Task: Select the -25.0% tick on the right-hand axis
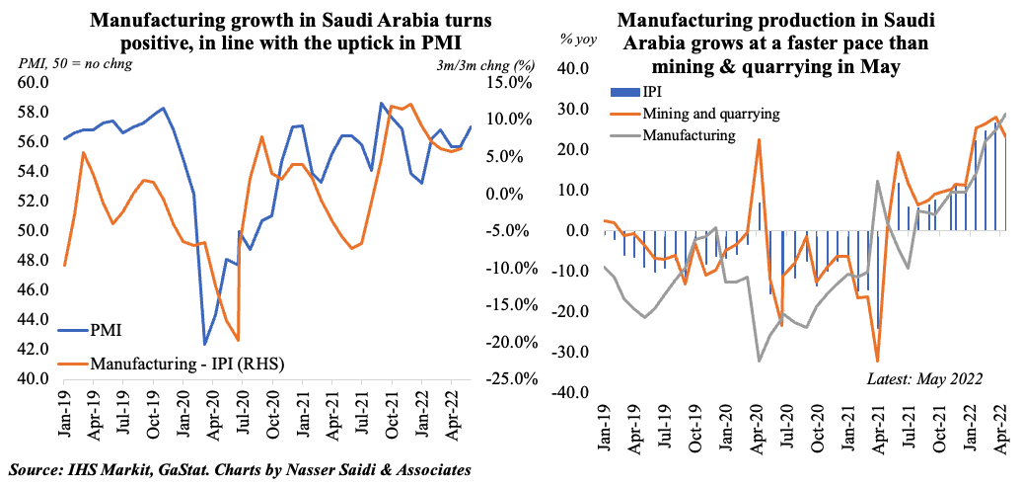tap(514, 379)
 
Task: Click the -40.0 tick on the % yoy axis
tap(575, 392)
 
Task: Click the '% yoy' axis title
tap(580, 40)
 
